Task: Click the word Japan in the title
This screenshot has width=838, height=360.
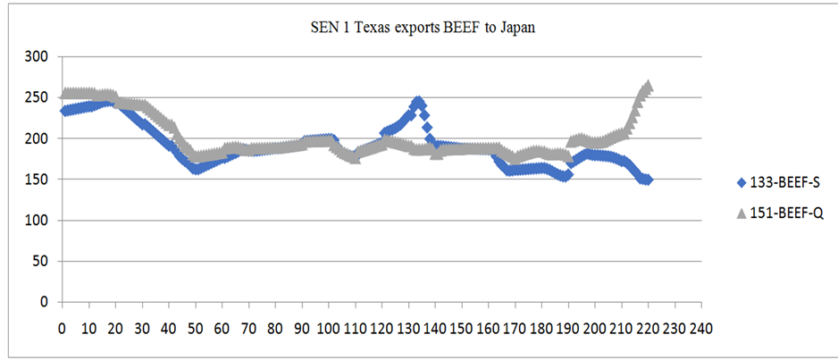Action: click(515, 28)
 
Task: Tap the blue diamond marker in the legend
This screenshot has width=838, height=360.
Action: click(740, 183)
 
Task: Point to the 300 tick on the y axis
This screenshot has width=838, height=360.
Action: click(38, 56)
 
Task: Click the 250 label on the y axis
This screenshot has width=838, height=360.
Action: click(38, 97)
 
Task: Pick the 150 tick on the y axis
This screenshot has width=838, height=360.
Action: click(38, 180)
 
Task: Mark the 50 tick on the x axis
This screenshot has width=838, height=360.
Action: click(195, 327)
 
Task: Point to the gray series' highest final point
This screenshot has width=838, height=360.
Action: click(648, 86)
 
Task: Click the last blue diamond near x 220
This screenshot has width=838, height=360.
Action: click(647, 180)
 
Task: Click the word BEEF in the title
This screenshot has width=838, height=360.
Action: click(456, 28)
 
